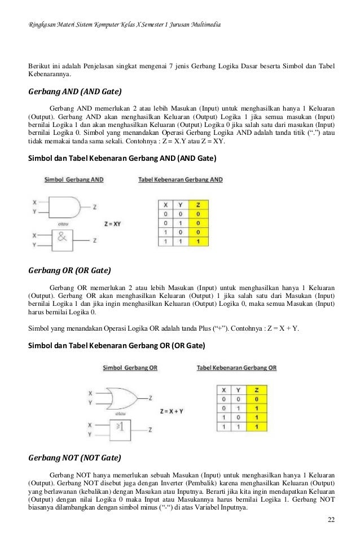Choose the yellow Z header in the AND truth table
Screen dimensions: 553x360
(x=197, y=205)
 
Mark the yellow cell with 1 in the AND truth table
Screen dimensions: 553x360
(x=197, y=242)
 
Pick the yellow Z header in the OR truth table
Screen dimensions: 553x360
(x=257, y=390)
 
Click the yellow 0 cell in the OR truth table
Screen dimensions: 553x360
(x=257, y=399)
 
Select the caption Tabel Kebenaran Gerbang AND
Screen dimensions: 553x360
(x=180, y=179)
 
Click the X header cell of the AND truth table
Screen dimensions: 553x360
(x=165, y=205)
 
